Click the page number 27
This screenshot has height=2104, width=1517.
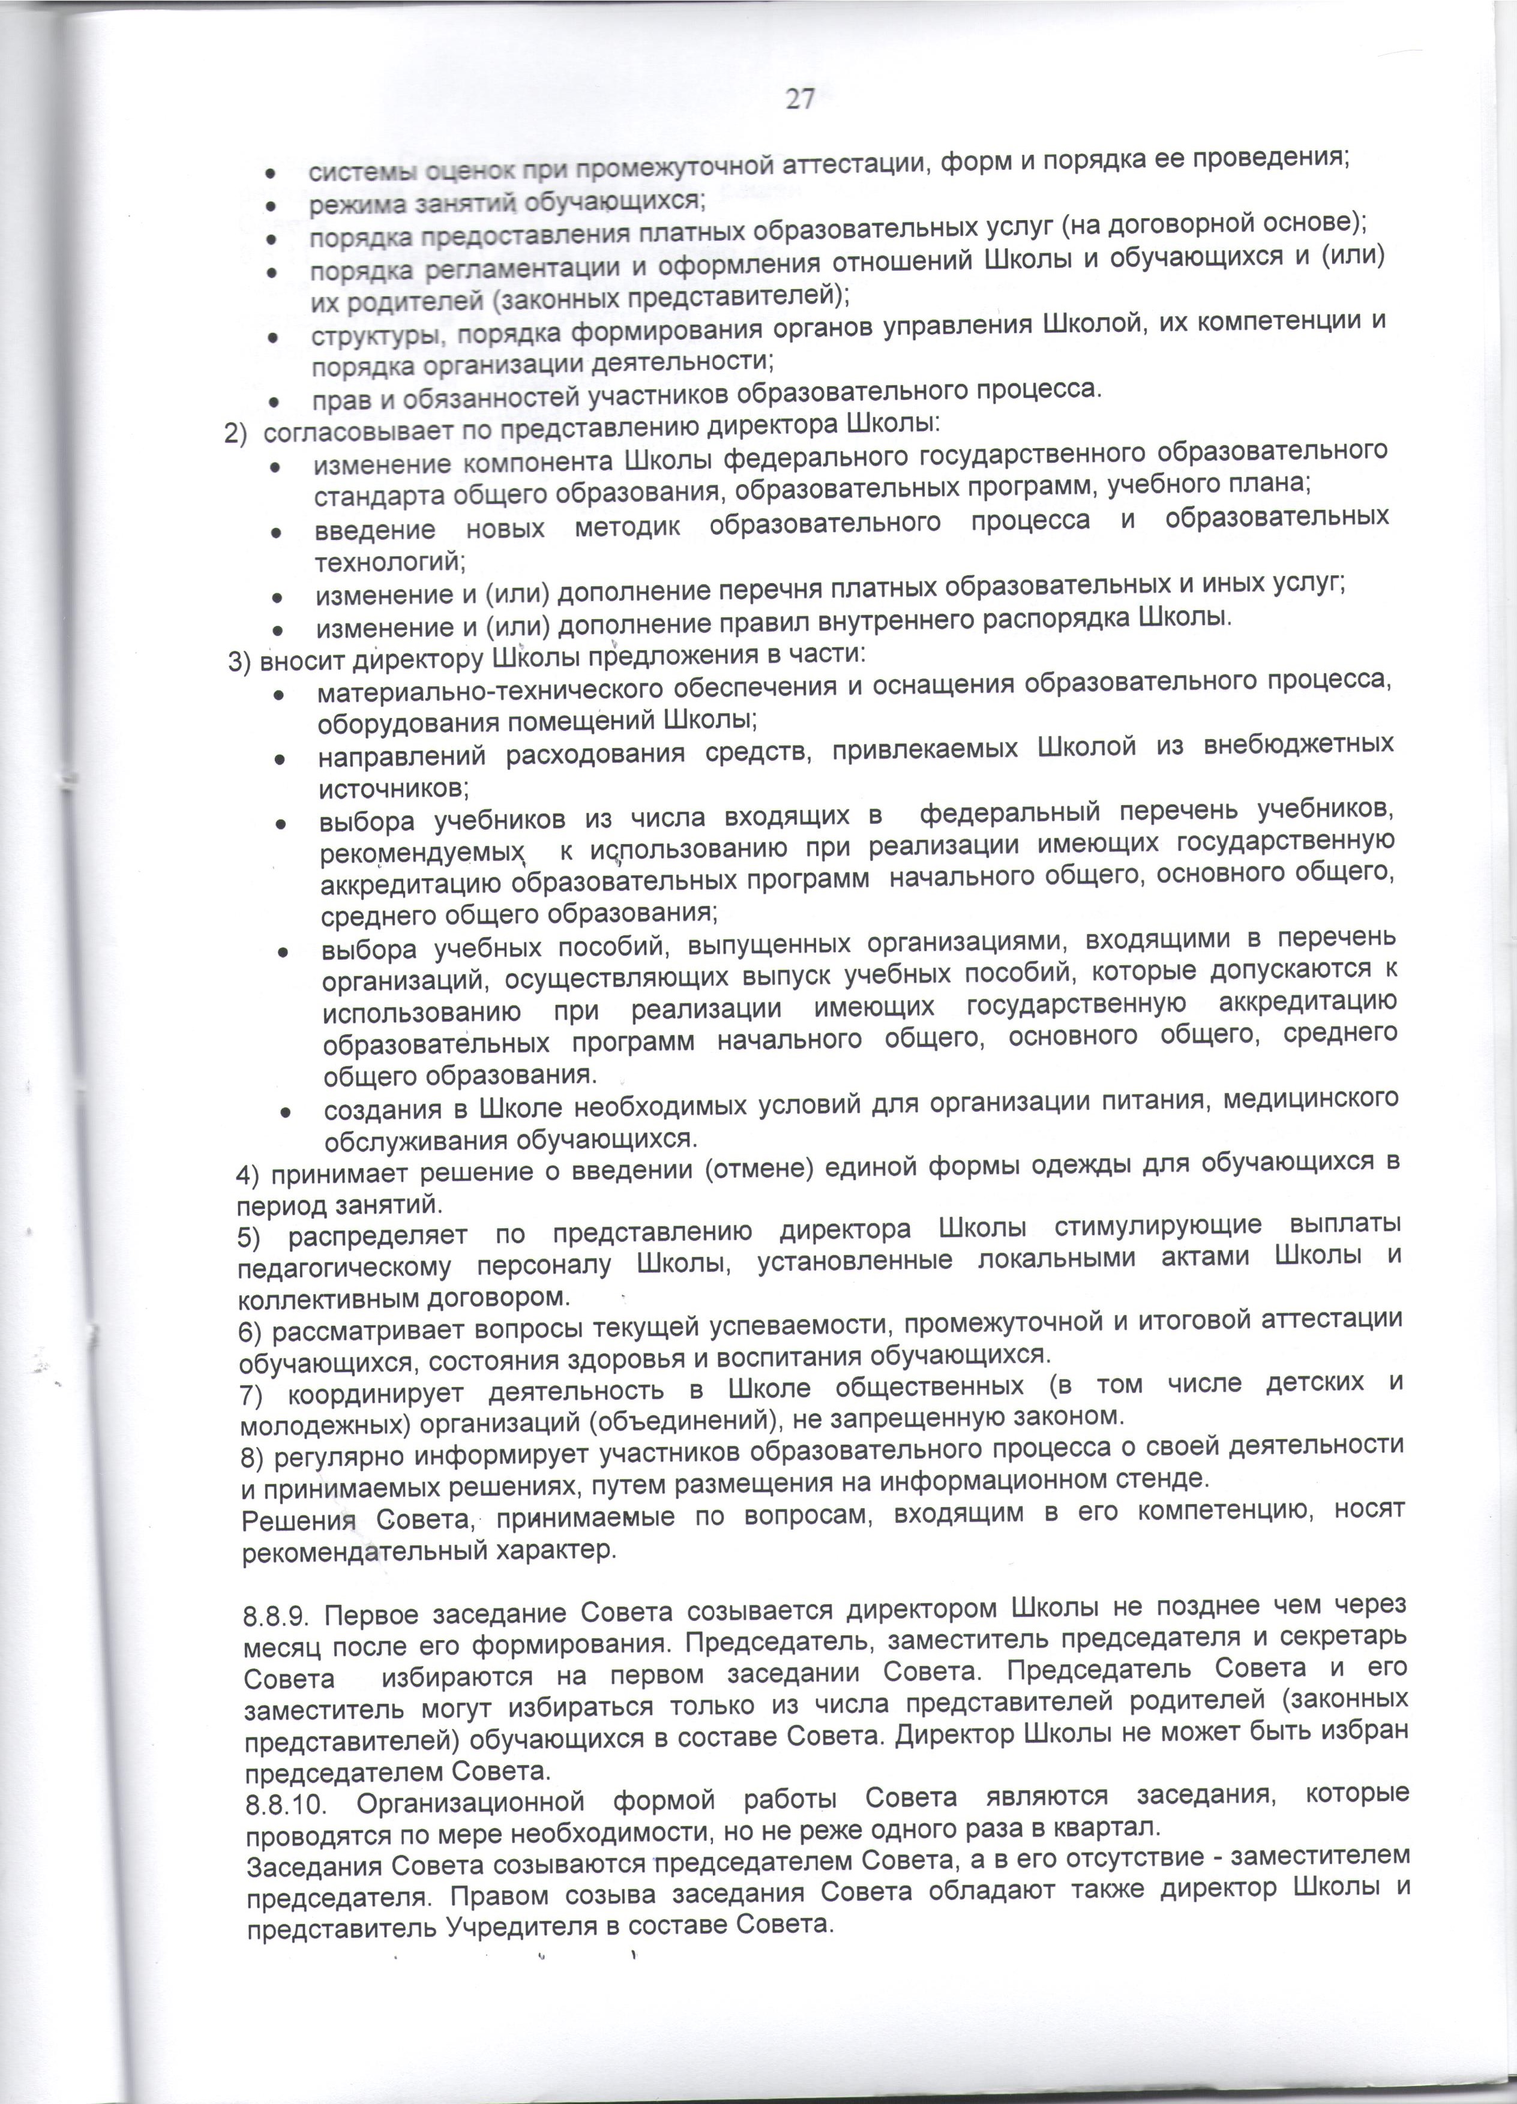click(801, 99)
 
